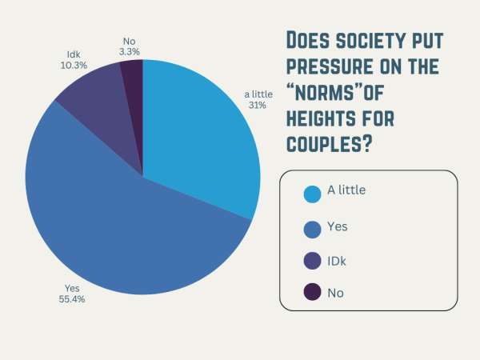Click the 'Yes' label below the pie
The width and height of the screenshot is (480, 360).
point(71,288)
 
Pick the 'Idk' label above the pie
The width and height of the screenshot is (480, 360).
point(73,54)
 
